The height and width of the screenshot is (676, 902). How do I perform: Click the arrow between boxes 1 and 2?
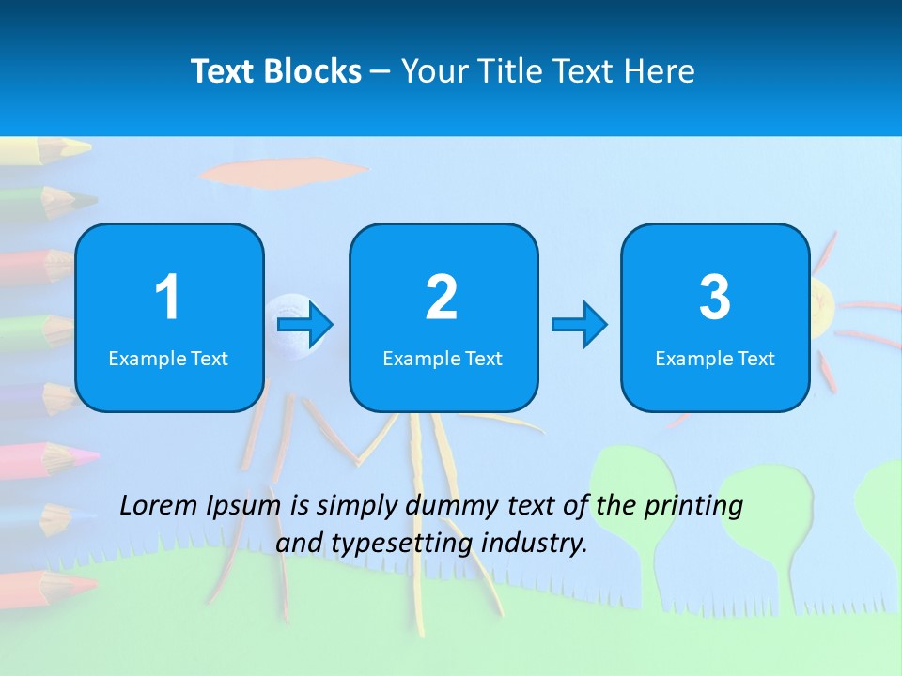(x=305, y=325)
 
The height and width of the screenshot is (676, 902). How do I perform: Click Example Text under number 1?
(x=168, y=358)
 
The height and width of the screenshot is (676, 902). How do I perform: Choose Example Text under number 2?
(x=443, y=358)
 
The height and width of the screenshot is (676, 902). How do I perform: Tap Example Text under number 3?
(x=715, y=358)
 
